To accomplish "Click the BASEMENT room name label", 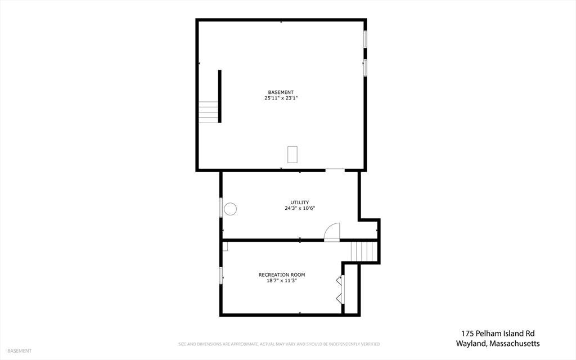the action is click(x=281, y=92).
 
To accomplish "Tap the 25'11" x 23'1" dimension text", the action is click(x=281, y=98).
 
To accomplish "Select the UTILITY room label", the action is click(x=300, y=202).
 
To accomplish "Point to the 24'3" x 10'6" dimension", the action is click(x=300, y=208).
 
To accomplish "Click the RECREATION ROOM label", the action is click(x=282, y=274).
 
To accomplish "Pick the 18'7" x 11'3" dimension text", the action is click(x=282, y=281).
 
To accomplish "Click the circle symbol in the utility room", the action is click(x=230, y=209).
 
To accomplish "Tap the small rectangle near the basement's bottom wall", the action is click(x=292, y=154).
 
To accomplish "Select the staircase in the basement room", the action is click(x=209, y=112).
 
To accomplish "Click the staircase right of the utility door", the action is click(x=364, y=251).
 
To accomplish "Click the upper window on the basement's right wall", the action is click(x=365, y=39).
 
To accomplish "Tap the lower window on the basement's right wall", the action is click(x=365, y=67).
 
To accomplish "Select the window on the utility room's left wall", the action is click(x=221, y=208).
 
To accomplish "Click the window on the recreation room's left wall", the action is click(x=221, y=276).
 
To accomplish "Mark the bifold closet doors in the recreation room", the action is click(x=340, y=290).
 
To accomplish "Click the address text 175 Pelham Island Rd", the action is click(x=498, y=334).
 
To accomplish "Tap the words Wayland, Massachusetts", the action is click(x=498, y=344).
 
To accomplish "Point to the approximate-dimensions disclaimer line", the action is click(x=279, y=344).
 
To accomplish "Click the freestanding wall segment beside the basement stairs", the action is click(x=220, y=96).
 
